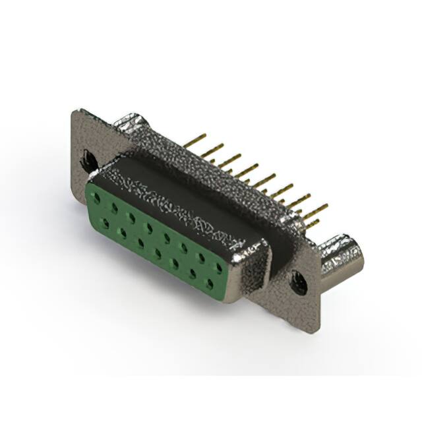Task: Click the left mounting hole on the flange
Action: pos(88,159)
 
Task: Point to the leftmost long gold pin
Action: pos(195,140)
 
